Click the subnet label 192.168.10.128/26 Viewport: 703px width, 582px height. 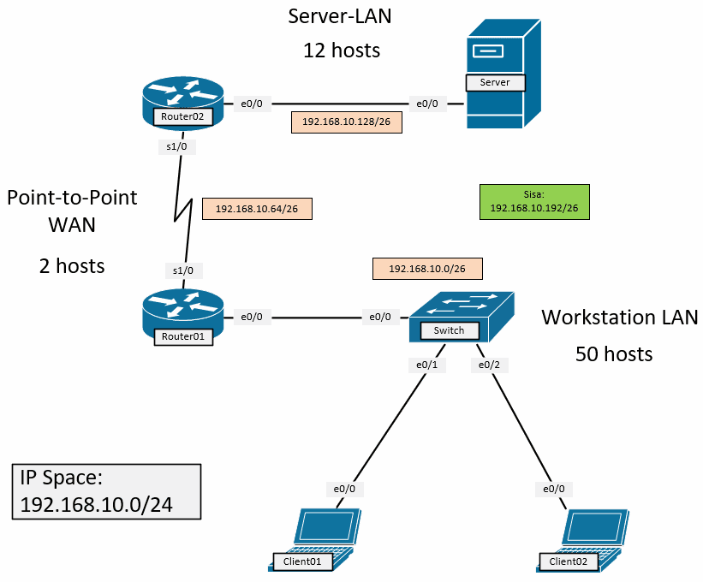pos(347,122)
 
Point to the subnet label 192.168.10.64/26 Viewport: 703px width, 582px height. pos(257,209)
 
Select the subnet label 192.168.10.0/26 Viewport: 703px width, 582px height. pos(428,269)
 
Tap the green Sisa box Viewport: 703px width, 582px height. pos(534,201)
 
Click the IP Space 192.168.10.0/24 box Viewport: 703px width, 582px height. pos(107,492)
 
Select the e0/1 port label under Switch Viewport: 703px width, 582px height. pos(426,365)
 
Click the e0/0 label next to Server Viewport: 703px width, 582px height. pos(426,104)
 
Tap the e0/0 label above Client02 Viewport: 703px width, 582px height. pos(554,489)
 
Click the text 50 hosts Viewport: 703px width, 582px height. pos(614,353)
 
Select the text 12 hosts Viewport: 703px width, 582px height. pos(341,50)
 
